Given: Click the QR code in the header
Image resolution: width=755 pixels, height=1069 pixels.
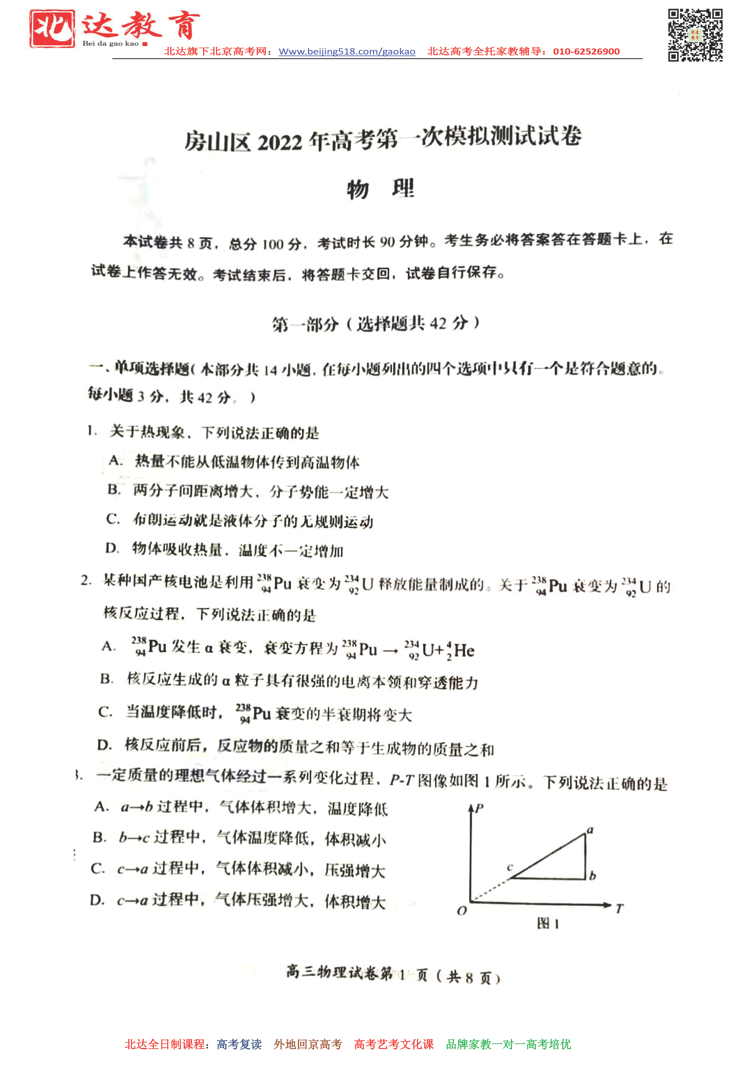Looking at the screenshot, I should [695, 35].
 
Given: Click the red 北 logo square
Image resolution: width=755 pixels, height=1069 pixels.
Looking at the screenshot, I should [52, 29].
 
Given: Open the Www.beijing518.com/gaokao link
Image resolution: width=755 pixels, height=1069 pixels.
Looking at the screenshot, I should [346, 52].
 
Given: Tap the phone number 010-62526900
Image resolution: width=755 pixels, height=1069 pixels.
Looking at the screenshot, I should [586, 52].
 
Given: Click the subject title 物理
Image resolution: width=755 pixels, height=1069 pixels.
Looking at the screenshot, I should [380, 189].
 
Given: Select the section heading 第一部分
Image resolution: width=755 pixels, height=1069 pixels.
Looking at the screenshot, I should [305, 324].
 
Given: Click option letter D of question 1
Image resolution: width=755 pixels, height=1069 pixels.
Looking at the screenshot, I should [112, 549].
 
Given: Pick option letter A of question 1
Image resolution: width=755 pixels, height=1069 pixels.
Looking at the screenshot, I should [115, 461].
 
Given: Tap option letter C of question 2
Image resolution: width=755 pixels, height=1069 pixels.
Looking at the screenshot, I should [105, 712].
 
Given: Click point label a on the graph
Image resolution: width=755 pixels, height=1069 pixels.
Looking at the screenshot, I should [590, 830].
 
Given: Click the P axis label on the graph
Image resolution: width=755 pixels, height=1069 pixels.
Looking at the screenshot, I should [479, 808].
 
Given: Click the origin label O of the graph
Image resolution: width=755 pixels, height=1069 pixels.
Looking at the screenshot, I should [462, 911].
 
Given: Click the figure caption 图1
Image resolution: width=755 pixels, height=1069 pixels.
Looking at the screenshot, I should [547, 923].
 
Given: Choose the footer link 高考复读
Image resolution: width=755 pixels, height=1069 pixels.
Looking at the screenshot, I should [239, 1044].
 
